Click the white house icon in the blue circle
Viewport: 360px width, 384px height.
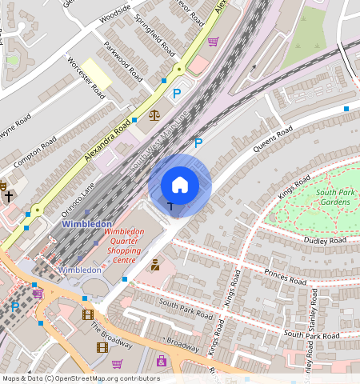click(x=180, y=185)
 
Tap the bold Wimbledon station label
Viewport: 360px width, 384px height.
click(x=86, y=224)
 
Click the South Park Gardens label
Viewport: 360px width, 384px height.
click(x=333, y=197)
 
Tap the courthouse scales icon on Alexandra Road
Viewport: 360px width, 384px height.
click(x=154, y=115)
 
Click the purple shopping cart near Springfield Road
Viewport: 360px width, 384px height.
click(x=213, y=42)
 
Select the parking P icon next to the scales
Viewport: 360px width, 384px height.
click(x=177, y=94)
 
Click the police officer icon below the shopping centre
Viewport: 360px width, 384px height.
click(x=154, y=265)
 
